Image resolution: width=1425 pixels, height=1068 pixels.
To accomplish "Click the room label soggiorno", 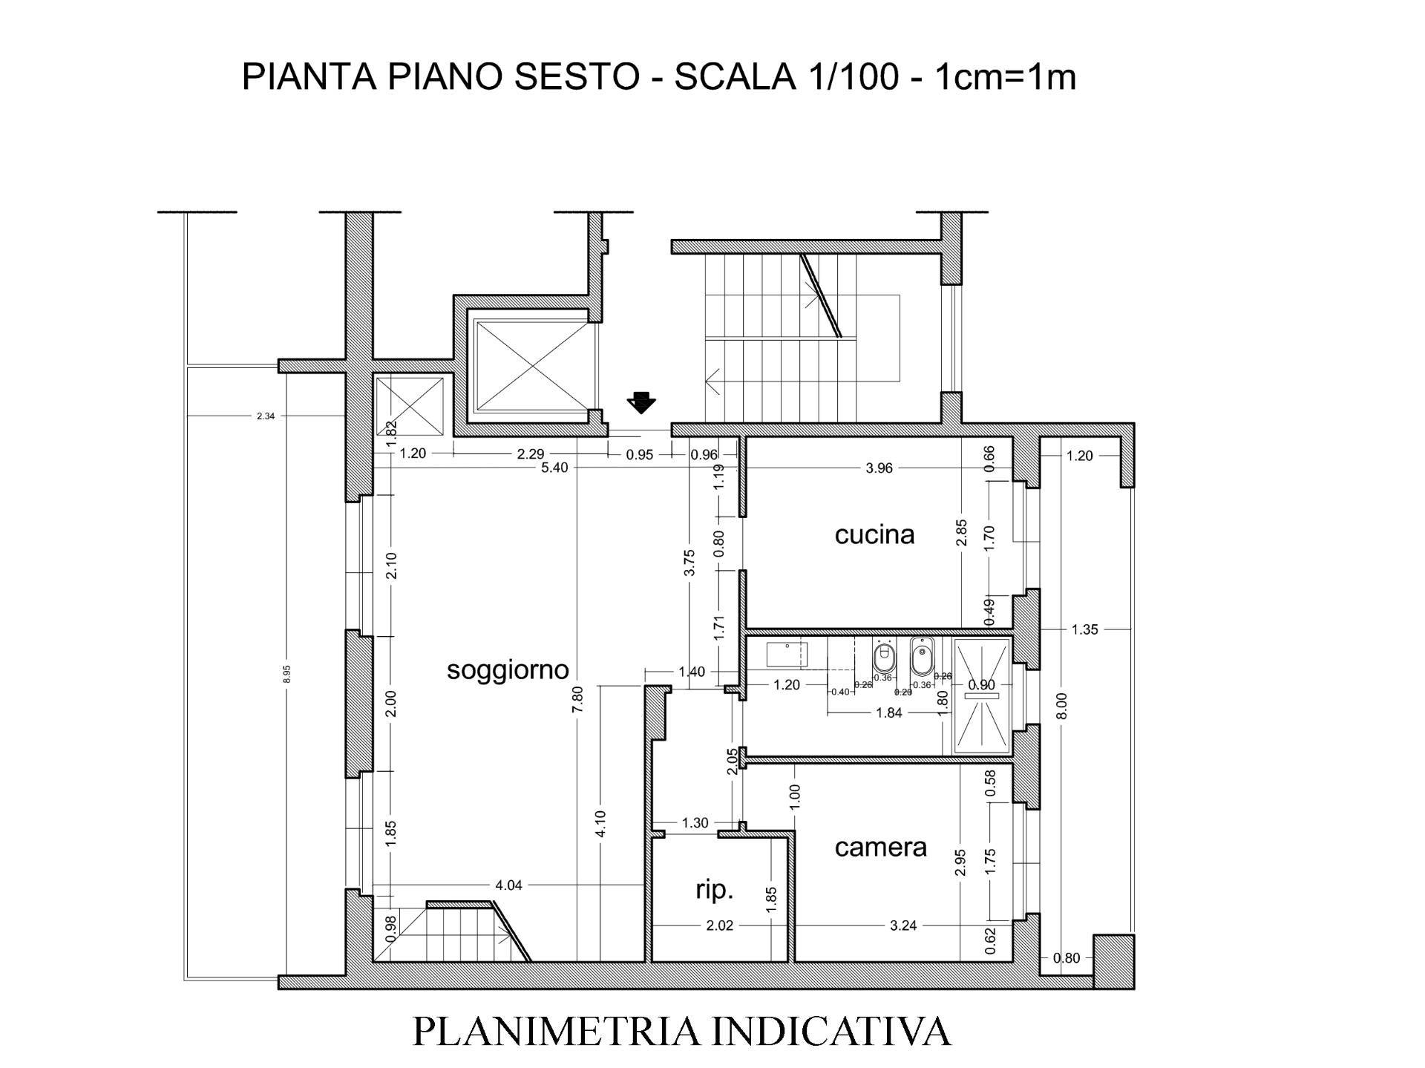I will click(x=508, y=670).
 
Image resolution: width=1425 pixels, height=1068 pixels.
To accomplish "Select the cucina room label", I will click(x=874, y=534).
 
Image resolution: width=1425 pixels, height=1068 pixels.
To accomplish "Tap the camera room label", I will click(x=880, y=847).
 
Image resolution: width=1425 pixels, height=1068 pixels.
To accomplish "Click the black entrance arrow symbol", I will click(x=641, y=402).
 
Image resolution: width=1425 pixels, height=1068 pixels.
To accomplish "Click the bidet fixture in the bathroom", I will click(x=923, y=655).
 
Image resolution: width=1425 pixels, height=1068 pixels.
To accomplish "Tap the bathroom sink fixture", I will click(x=786, y=655).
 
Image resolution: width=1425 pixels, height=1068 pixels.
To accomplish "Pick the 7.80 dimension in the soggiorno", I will click(x=578, y=699).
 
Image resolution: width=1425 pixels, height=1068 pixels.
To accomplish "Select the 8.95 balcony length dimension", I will click(x=287, y=674).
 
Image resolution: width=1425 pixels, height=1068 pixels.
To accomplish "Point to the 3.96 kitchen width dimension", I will click(x=879, y=468).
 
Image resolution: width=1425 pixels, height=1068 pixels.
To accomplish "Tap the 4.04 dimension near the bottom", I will click(x=508, y=885).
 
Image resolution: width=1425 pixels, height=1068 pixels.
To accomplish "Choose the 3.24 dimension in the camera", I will click(x=902, y=926).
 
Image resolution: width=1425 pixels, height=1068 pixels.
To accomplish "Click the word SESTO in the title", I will click(x=576, y=77).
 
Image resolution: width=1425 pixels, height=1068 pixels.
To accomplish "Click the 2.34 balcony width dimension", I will click(x=266, y=416).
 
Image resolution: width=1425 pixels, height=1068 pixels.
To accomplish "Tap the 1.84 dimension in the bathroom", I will click(x=889, y=713).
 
